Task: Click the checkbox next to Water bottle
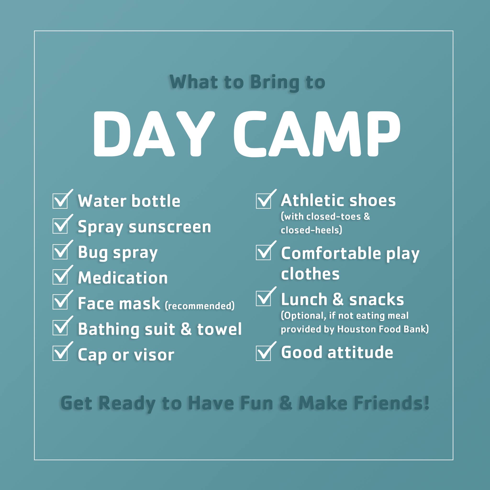tap(60, 201)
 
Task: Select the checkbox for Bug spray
tap(60, 252)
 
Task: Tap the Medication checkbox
tap(60, 277)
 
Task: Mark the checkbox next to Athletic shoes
tap(263, 201)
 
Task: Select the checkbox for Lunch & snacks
tap(263, 298)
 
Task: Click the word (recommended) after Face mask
tap(200, 306)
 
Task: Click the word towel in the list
tap(219, 329)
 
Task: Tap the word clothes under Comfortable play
tap(310, 274)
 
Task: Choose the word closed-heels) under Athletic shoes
tap(312, 230)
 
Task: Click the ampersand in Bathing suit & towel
tap(186, 329)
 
